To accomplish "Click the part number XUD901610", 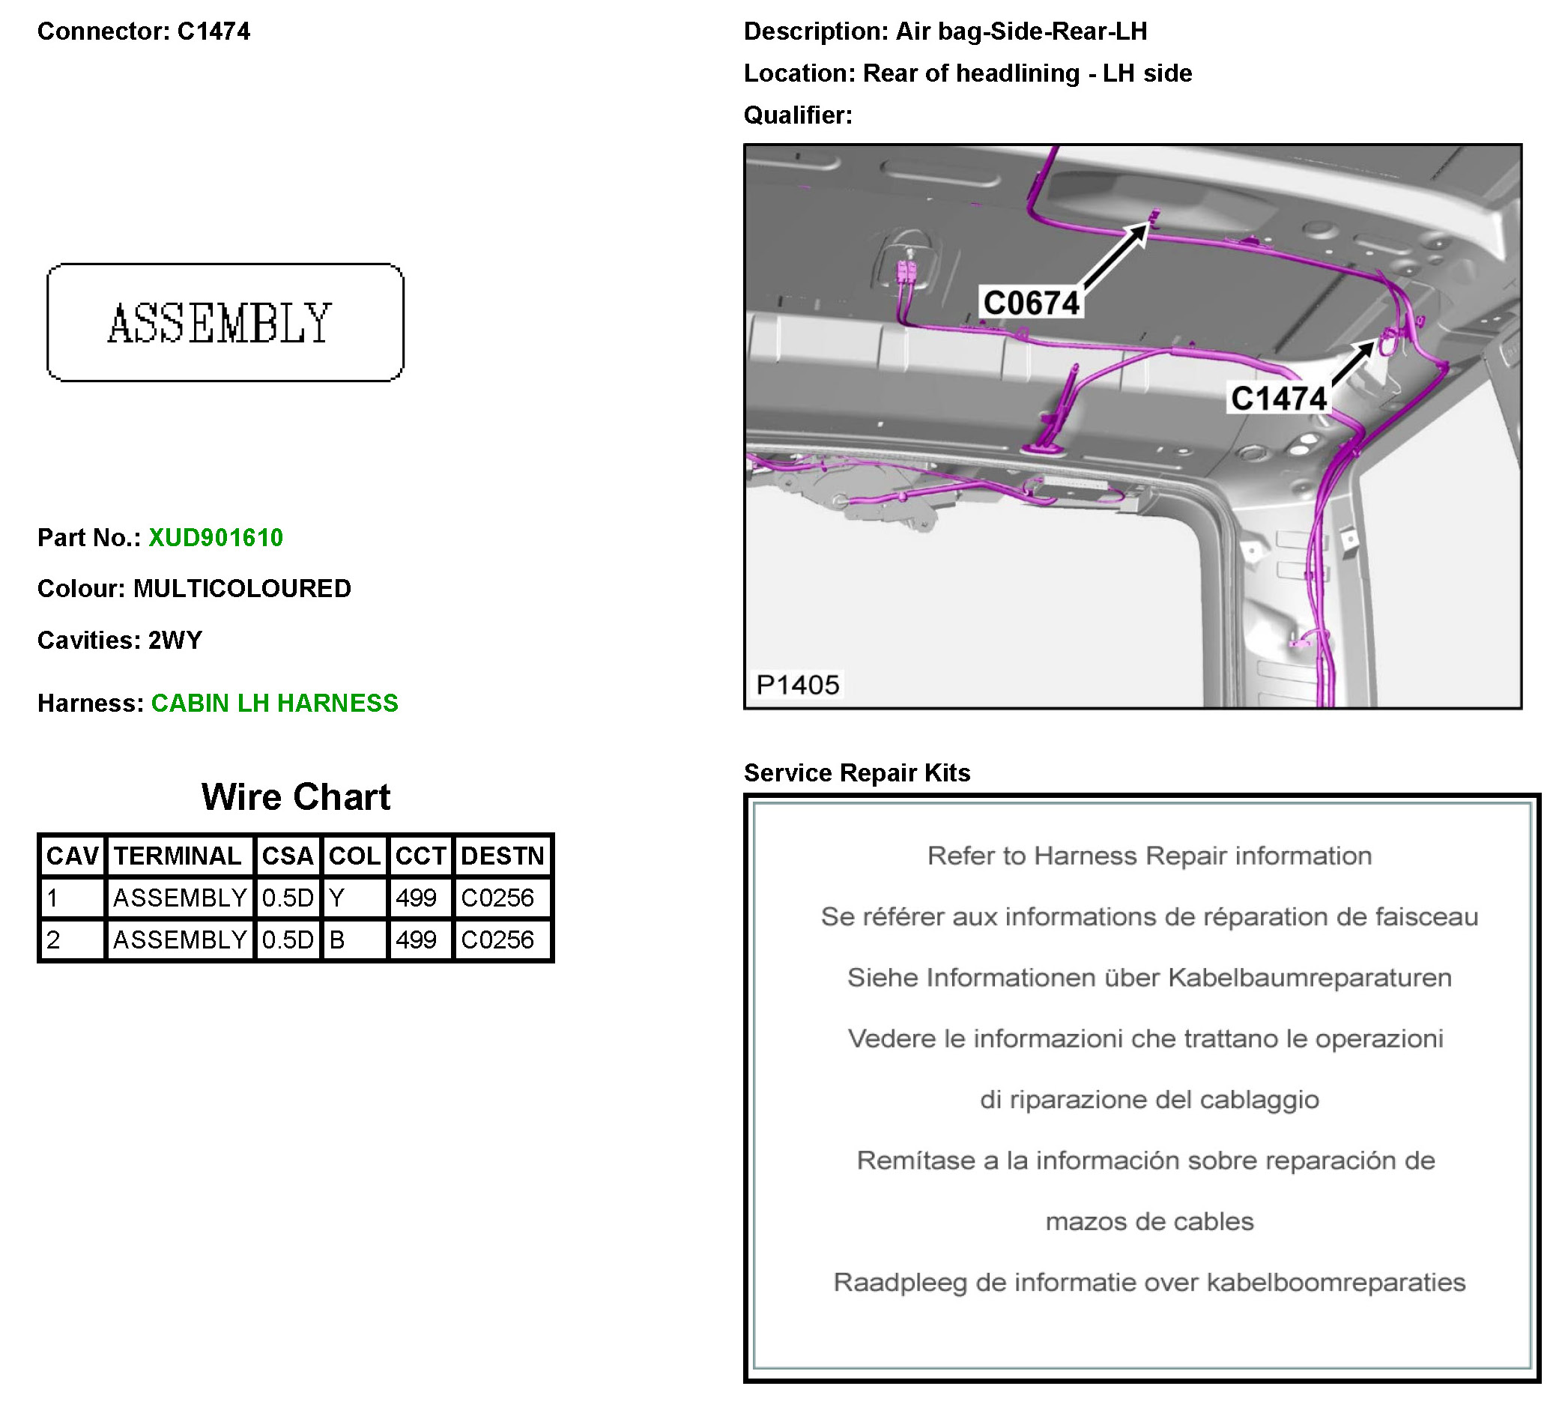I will tap(216, 538).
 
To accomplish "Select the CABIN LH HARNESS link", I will tap(274, 703).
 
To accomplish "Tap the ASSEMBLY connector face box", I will tap(225, 322).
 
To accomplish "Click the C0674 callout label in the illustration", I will tap(1031, 302).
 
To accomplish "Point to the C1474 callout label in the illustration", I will tap(1278, 399).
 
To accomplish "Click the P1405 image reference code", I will tap(797, 685).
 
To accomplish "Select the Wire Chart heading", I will tap(295, 797).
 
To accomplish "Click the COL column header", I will tap(354, 856).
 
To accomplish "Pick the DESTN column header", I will tap(502, 856).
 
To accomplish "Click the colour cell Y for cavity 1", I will tap(337, 898).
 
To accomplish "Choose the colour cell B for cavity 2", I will tap(337, 940).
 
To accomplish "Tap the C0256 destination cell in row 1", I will tap(497, 898).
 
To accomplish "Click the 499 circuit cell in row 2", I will tap(416, 940).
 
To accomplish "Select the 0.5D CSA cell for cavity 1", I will tap(288, 898).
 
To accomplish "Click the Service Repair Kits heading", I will tap(856, 772).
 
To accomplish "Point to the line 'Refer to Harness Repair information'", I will tap(1149, 856).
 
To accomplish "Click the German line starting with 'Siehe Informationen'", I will tap(1149, 978).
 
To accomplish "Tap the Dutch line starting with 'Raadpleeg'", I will tap(1149, 1282).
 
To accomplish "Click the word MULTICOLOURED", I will tap(242, 589).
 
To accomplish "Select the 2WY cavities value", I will tap(175, 640).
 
